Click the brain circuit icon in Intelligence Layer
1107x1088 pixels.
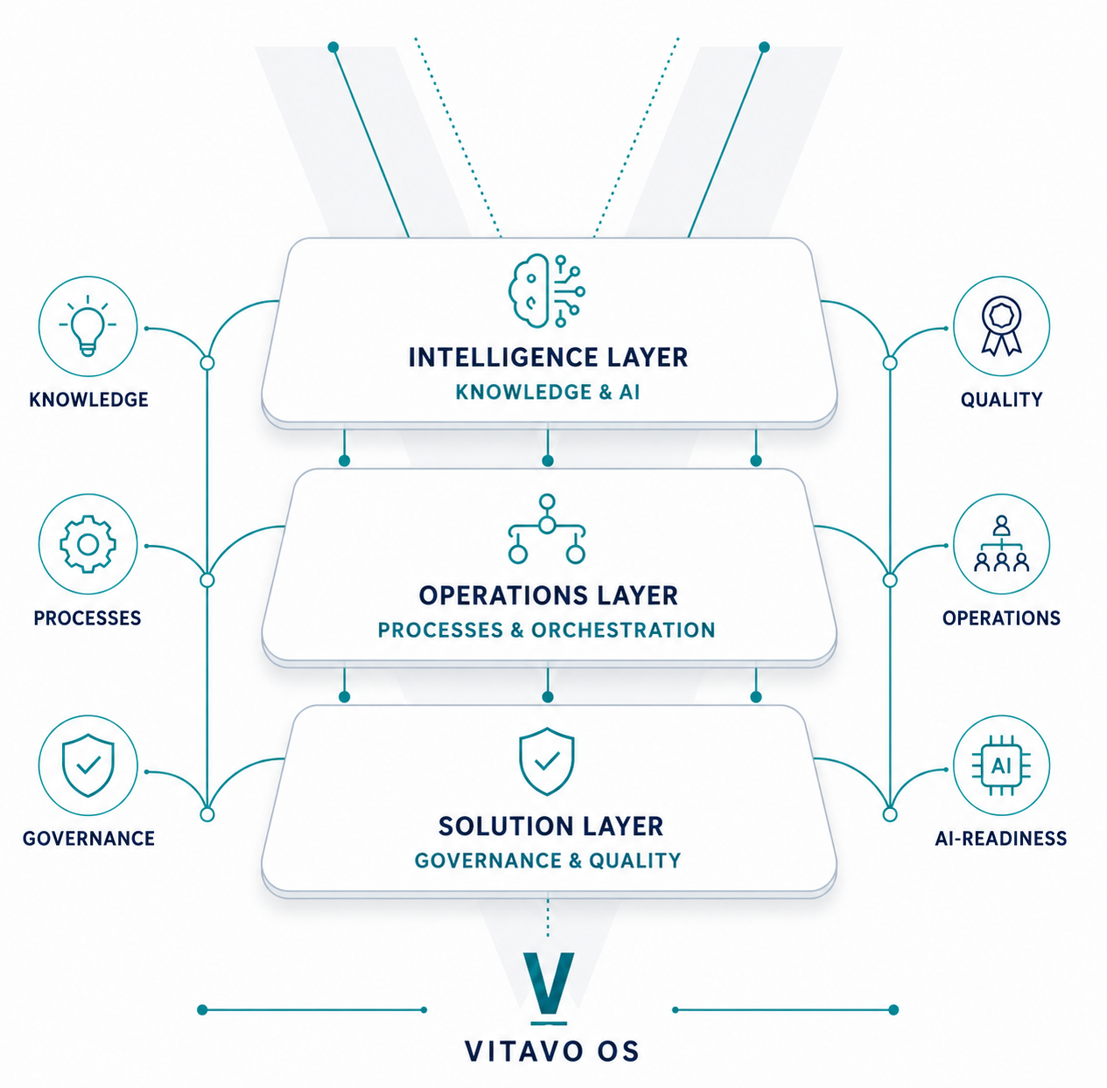coord(546,291)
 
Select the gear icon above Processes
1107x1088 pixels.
coord(88,544)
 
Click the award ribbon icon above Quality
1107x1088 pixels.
coord(1001,325)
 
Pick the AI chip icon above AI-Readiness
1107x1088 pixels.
coord(1001,765)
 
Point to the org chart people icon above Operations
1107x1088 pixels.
coord(1001,543)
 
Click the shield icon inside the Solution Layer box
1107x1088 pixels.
coord(546,761)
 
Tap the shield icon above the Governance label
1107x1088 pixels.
coord(88,765)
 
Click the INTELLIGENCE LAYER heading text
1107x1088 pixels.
coord(548,357)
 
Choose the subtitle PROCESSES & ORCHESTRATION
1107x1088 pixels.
coord(546,630)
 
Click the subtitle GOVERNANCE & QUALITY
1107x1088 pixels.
coord(548,860)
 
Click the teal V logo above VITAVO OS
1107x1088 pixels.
coord(549,988)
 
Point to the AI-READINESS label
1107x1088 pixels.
coord(1001,838)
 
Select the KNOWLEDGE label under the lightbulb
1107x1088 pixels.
coord(88,400)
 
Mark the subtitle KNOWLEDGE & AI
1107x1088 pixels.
coord(548,392)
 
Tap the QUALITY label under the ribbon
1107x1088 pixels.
coord(1001,400)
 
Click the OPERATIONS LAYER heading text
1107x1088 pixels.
coord(548,596)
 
